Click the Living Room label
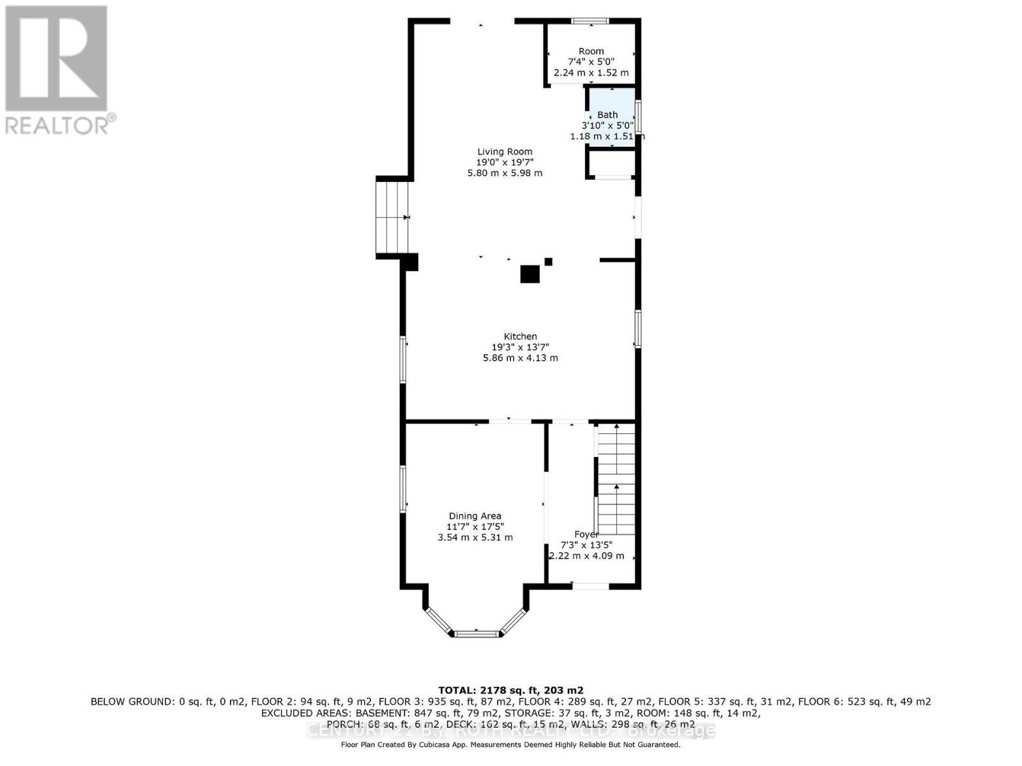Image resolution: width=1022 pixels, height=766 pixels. point(505,152)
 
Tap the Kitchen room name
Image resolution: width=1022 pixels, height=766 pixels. point(520,336)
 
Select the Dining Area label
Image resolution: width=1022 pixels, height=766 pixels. point(475,516)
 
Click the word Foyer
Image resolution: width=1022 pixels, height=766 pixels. point(586,534)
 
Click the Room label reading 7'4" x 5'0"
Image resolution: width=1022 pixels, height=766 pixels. point(591,51)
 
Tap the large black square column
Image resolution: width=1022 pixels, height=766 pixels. point(530,274)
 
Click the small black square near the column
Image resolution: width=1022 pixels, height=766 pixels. point(548,262)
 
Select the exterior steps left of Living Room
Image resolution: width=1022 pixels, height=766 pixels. point(392,218)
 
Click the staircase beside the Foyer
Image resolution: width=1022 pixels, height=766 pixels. point(616,479)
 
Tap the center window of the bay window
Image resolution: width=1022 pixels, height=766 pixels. point(476,633)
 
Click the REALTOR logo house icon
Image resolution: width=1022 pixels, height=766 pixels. point(56,59)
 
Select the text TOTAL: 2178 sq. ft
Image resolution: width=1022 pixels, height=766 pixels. point(510,690)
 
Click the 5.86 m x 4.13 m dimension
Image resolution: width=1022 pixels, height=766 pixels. point(520,358)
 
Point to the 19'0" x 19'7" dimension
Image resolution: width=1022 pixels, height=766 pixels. point(505,162)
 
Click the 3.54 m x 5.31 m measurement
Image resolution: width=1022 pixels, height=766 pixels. point(475,537)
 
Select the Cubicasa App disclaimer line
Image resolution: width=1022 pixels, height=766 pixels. point(510,744)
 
